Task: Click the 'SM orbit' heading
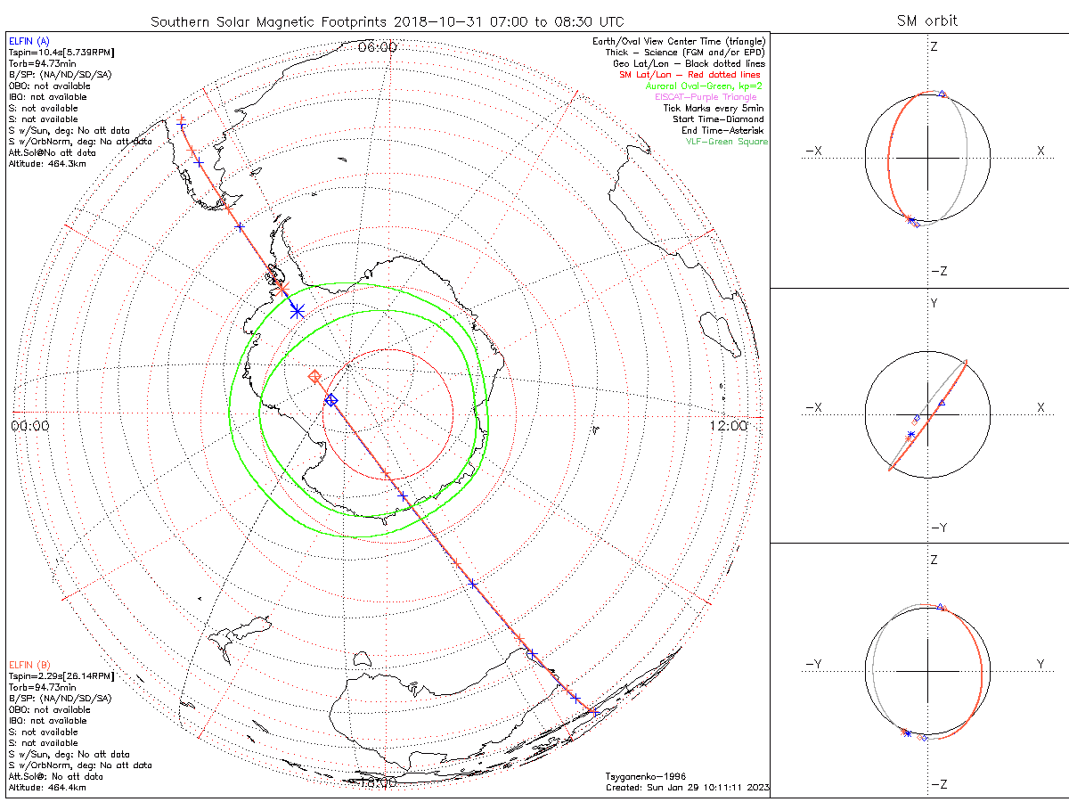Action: pos(926,21)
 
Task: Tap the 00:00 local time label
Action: pos(30,426)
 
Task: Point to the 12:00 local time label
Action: pos(728,426)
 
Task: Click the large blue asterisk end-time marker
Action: pos(297,310)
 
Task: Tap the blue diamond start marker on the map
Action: pos(331,400)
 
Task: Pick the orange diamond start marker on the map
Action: pos(314,377)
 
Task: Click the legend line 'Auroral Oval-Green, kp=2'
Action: pos(704,86)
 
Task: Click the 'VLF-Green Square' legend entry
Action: pos(726,142)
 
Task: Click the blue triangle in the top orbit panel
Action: pos(943,93)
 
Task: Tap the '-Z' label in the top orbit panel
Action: pos(937,271)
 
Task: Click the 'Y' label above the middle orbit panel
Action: pos(934,304)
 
